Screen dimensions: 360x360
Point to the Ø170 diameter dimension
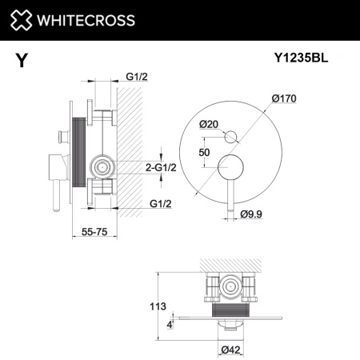pyautogui.click(x=284, y=98)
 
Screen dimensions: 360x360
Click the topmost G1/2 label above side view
pyautogui.click(x=136, y=77)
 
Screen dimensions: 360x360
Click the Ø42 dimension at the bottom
pyautogui.click(x=232, y=349)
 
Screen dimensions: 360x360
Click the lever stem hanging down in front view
pyautogui.click(x=230, y=200)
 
